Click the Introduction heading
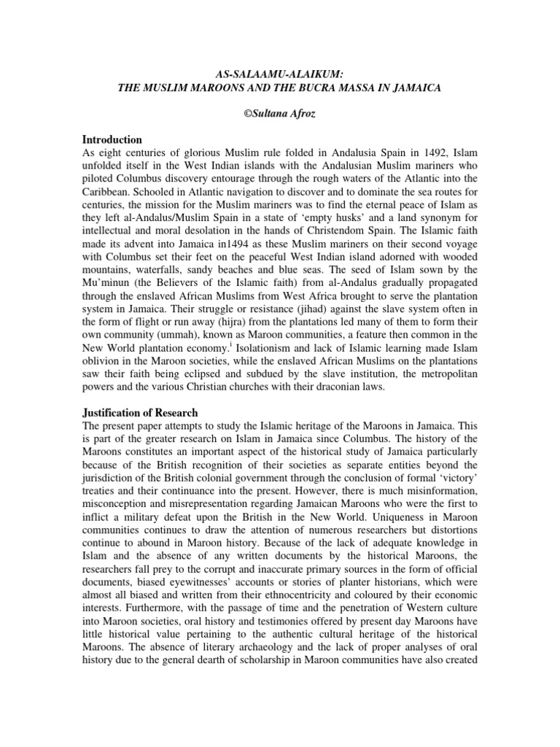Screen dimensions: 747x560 click(112, 139)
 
